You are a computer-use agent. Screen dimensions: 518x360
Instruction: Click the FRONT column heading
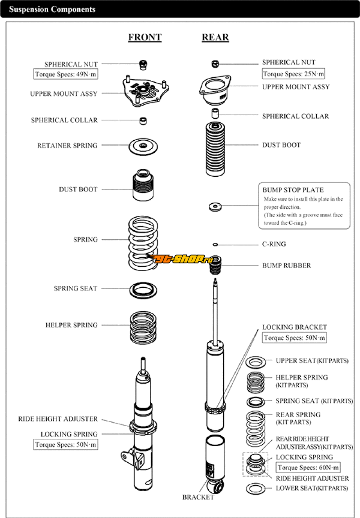pyautogui.click(x=144, y=37)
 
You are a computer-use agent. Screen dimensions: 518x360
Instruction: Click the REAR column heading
pyautogui.click(x=215, y=37)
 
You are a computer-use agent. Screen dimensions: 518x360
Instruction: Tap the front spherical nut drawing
pyautogui.click(x=143, y=64)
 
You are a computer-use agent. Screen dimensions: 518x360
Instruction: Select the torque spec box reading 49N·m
pyautogui.click(x=66, y=74)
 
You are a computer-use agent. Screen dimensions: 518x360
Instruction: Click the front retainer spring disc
pyautogui.click(x=143, y=146)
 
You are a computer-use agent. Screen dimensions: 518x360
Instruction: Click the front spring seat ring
pyautogui.click(x=143, y=290)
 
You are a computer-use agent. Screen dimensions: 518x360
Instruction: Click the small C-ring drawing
pyautogui.click(x=216, y=245)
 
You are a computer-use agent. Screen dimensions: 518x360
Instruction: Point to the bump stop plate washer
pyautogui.click(x=216, y=207)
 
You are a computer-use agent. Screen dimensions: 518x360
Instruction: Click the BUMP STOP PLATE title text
pyautogui.click(x=293, y=190)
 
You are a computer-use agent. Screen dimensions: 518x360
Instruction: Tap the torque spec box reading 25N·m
pyautogui.click(x=293, y=74)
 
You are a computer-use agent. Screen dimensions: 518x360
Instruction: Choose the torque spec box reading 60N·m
pyautogui.click(x=308, y=468)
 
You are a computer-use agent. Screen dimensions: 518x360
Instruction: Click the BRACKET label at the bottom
pyautogui.click(x=198, y=497)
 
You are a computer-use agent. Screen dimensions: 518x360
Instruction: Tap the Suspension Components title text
pyautogui.click(x=52, y=9)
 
